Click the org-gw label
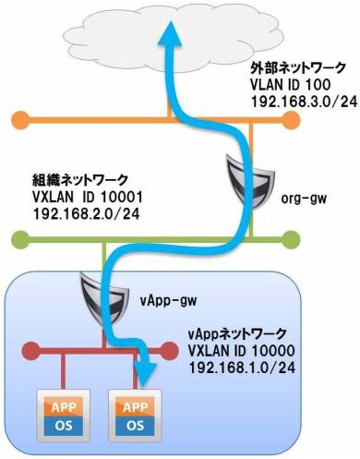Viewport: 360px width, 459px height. [x=304, y=199]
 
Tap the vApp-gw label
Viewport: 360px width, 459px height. [x=168, y=300]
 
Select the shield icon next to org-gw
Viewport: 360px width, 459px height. [x=249, y=181]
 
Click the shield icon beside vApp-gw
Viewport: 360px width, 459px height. [x=103, y=297]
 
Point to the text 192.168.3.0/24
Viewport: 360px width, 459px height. [x=305, y=102]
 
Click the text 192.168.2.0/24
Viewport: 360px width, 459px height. [x=86, y=213]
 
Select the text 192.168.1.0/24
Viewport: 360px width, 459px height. [x=242, y=368]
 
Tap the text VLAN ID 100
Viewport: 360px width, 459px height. [x=290, y=85]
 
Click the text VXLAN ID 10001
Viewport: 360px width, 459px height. [x=88, y=197]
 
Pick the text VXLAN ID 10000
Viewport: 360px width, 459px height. [x=242, y=350]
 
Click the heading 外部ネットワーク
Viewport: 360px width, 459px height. [x=298, y=68]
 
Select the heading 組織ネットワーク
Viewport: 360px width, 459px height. [x=79, y=179]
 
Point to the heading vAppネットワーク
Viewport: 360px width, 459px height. [x=237, y=333]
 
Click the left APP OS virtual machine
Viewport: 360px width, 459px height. [x=64, y=416]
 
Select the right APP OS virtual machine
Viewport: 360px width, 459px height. [x=135, y=416]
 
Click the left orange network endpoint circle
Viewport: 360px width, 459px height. [x=20, y=120]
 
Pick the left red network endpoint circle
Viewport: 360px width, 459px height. [x=31, y=350]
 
